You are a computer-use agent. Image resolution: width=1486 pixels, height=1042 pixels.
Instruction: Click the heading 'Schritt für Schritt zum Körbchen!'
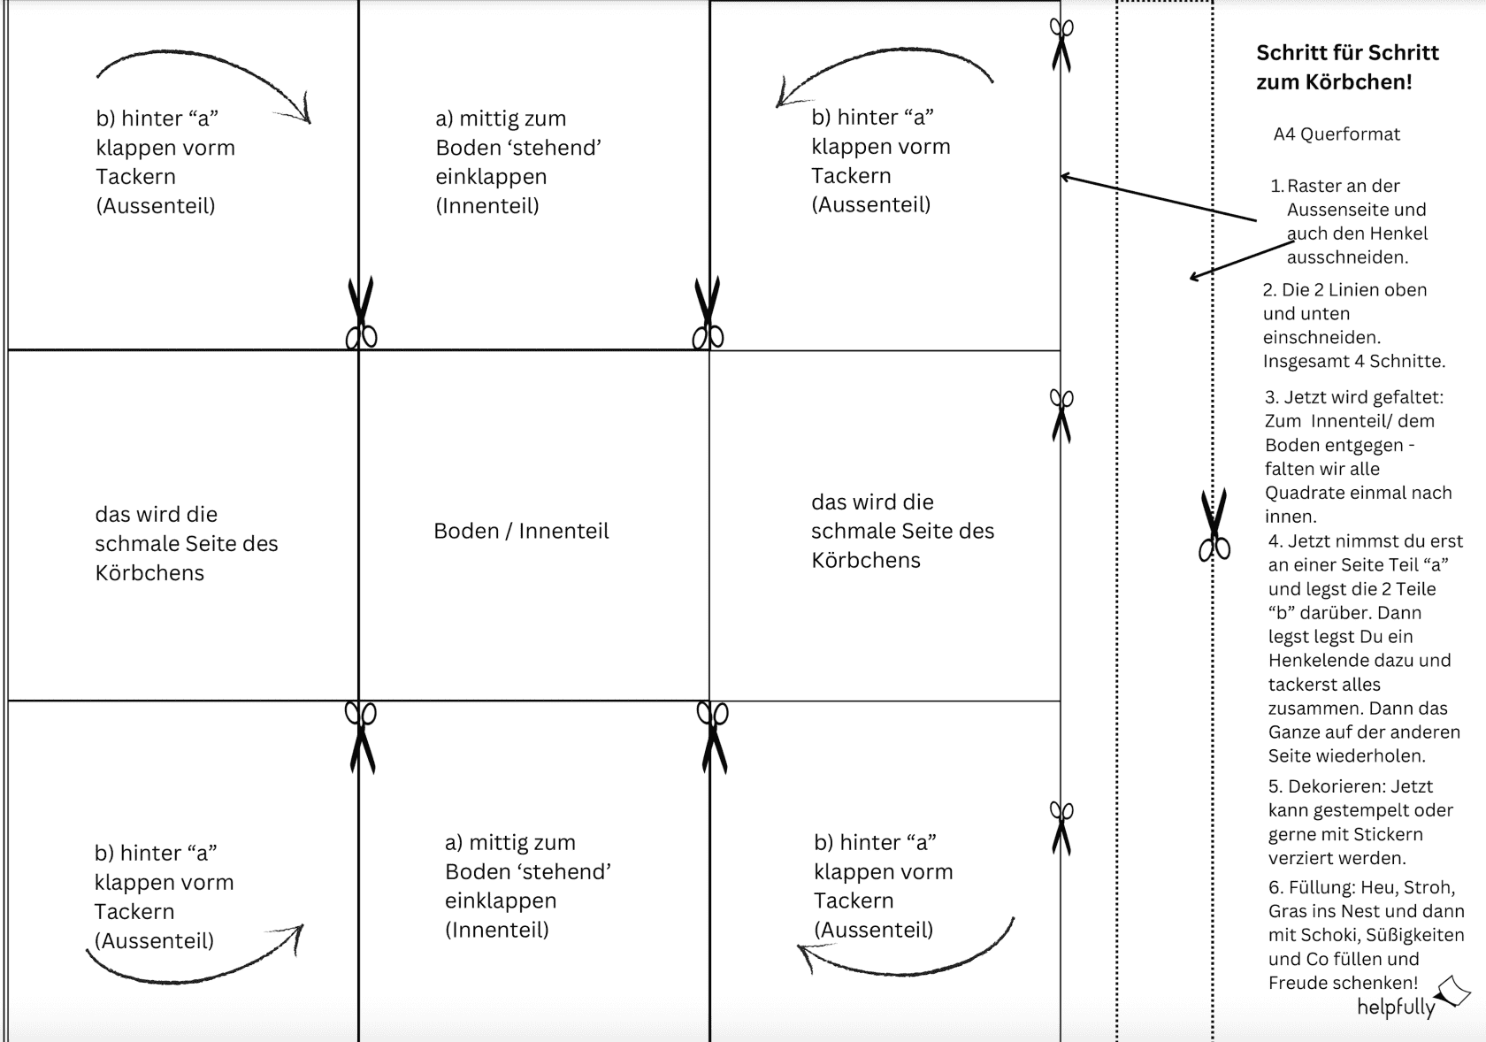pyautogui.click(x=1346, y=67)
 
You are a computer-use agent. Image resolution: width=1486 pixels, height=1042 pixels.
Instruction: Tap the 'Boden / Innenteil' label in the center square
pyautogui.click(x=521, y=531)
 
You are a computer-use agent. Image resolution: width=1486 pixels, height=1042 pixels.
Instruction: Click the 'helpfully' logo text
pyautogui.click(x=1396, y=1007)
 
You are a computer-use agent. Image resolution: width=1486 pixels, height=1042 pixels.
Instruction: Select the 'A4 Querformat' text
pyautogui.click(x=1337, y=134)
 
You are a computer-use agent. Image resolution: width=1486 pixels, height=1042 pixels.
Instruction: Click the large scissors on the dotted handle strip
pyautogui.click(x=1214, y=525)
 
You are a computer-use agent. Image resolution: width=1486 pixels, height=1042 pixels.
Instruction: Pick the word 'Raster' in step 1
pyautogui.click(x=1314, y=186)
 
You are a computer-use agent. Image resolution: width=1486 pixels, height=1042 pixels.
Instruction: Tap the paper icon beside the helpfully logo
pyautogui.click(x=1453, y=992)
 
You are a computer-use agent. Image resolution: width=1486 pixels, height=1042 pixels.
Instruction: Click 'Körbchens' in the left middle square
pyautogui.click(x=149, y=573)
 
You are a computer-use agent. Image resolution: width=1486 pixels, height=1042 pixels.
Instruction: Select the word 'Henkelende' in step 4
pyautogui.click(x=1315, y=660)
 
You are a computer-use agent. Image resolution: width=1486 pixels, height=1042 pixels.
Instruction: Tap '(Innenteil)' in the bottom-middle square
pyautogui.click(x=497, y=930)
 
